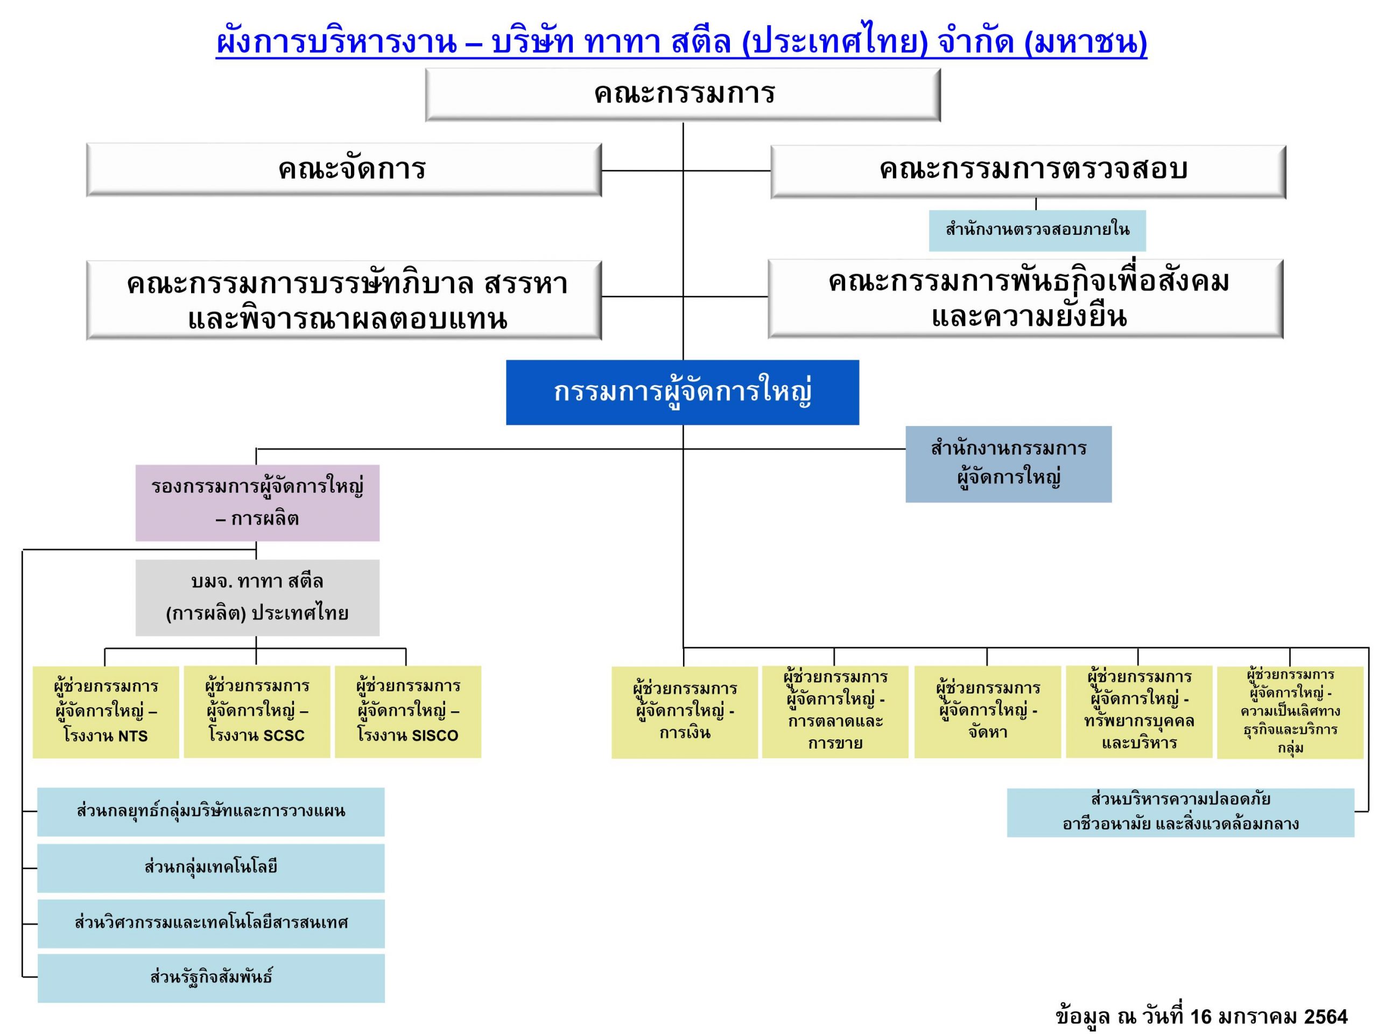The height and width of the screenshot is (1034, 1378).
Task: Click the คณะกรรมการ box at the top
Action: click(x=683, y=95)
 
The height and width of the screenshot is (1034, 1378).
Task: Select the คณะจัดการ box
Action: click(x=344, y=170)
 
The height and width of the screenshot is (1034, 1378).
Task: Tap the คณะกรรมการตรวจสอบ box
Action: click(x=1029, y=172)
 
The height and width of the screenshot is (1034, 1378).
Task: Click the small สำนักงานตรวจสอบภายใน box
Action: click(x=1037, y=230)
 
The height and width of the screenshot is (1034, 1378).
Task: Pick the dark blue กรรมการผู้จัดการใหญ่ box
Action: click(x=682, y=392)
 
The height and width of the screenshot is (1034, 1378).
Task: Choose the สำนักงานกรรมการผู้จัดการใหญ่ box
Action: click(x=1009, y=464)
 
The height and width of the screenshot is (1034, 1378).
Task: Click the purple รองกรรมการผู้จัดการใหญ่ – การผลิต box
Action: click(x=257, y=503)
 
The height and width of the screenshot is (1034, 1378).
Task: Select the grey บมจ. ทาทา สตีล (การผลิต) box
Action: click(x=257, y=598)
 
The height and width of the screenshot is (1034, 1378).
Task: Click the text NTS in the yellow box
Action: click(x=133, y=736)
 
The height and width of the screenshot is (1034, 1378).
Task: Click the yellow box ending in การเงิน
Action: click(x=685, y=712)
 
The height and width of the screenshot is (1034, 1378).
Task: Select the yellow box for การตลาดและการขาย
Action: click(x=835, y=712)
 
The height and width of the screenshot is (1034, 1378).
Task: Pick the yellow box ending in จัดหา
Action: click(x=987, y=712)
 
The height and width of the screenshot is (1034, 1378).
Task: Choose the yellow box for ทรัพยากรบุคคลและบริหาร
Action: click(x=1139, y=712)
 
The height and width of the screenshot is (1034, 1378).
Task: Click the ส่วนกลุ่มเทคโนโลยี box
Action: click(x=211, y=868)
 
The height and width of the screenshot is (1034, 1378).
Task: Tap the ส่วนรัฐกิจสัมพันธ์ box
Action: click(x=211, y=978)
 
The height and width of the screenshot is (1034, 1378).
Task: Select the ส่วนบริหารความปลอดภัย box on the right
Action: click(x=1180, y=813)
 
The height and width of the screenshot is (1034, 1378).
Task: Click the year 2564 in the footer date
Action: click(x=1326, y=1018)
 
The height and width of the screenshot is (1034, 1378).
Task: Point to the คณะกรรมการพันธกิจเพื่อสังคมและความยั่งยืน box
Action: click(x=1026, y=298)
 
